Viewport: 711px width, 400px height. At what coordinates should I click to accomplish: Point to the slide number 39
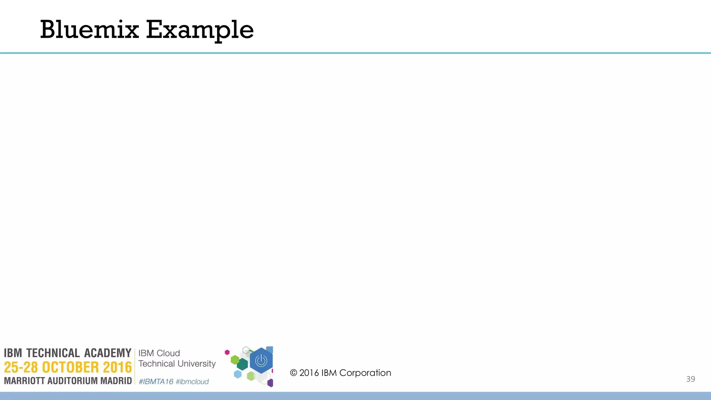(x=690, y=379)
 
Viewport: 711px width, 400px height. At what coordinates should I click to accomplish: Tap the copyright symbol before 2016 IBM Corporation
(x=294, y=373)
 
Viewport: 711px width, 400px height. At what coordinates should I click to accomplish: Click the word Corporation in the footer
(x=365, y=373)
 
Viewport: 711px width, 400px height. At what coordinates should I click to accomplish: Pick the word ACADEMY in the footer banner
(x=108, y=353)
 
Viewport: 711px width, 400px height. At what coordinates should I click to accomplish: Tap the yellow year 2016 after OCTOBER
(x=117, y=367)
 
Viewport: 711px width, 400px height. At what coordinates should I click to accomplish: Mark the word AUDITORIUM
(x=73, y=381)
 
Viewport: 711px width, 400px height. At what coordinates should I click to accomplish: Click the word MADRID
(x=116, y=381)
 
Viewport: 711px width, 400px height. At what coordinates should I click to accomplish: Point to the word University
(x=197, y=364)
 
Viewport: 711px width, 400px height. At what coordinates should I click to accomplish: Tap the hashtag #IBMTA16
(x=156, y=382)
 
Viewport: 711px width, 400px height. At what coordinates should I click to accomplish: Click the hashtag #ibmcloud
(x=192, y=382)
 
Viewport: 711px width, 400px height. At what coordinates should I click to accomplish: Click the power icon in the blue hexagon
(x=261, y=361)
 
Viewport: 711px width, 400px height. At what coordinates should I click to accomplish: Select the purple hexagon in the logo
(x=270, y=383)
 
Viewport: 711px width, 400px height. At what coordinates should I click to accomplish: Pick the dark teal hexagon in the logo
(x=242, y=364)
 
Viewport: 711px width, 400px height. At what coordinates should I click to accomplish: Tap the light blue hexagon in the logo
(x=238, y=374)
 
